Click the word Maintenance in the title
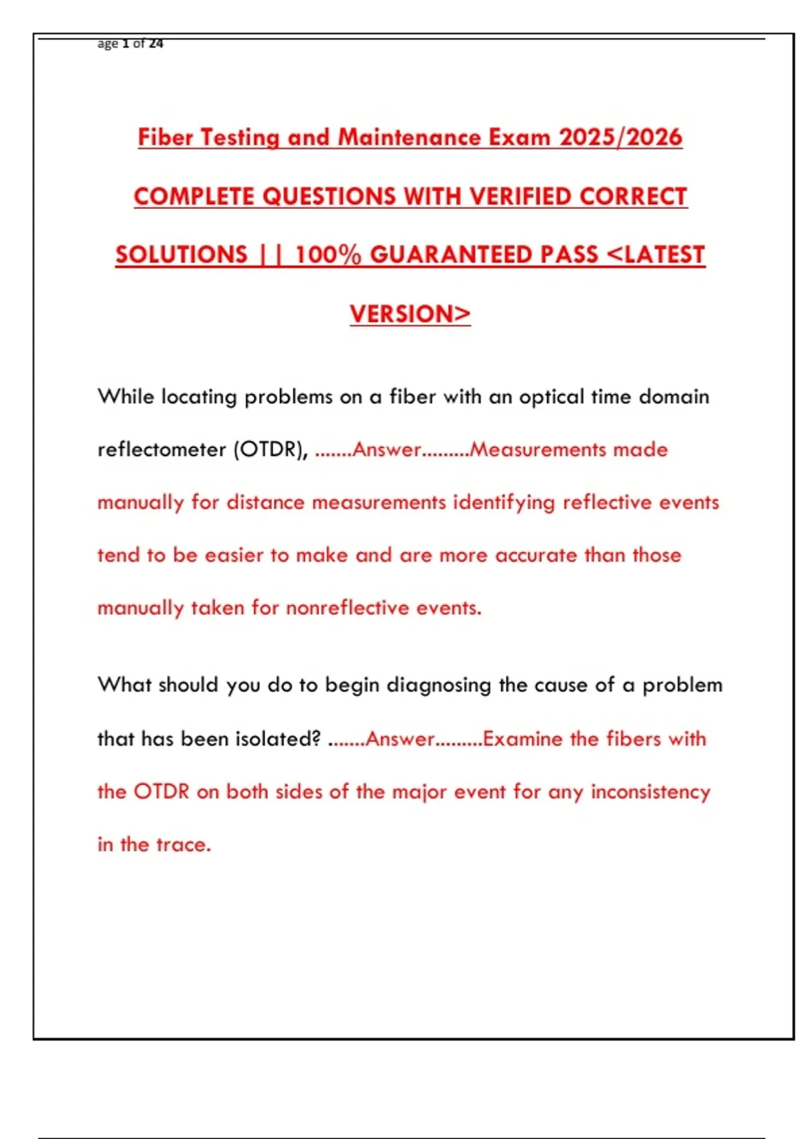(x=409, y=137)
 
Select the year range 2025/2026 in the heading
(x=620, y=137)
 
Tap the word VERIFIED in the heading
(x=521, y=196)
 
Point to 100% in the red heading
(x=328, y=255)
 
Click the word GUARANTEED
(x=484, y=255)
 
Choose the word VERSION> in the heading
(x=410, y=314)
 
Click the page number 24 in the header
(x=156, y=44)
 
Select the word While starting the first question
(x=126, y=397)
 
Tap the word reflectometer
(x=161, y=450)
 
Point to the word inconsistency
(x=650, y=792)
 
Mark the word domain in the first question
(x=673, y=397)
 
